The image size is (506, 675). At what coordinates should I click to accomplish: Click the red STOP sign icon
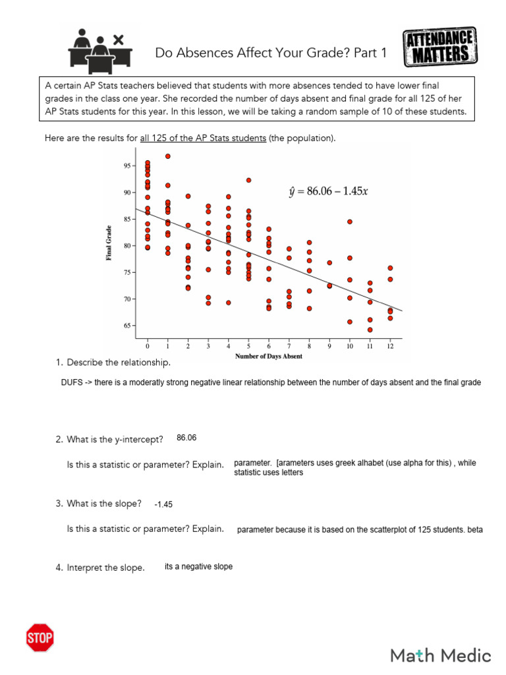(x=40, y=637)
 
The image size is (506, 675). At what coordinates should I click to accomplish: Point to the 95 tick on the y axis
(x=127, y=166)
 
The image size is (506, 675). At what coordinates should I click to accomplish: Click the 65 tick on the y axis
(x=127, y=326)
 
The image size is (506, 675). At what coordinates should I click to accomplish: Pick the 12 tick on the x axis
(x=390, y=345)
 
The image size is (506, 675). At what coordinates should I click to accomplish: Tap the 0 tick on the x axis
(x=148, y=345)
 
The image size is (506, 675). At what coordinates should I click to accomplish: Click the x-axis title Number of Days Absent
(x=269, y=357)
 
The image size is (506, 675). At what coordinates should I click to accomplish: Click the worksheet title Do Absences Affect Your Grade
(x=271, y=53)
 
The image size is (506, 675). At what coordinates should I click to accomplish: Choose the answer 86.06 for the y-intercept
(x=186, y=438)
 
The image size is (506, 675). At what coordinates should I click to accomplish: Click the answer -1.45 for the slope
(x=163, y=504)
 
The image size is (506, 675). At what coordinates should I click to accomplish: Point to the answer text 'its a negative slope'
(x=198, y=566)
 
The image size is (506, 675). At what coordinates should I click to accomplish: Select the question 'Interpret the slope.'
(x=105, y=568)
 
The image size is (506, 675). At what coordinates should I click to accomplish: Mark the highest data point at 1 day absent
(x=168, y=156)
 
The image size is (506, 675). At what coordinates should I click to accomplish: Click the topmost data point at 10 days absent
(x=350, y=221)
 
